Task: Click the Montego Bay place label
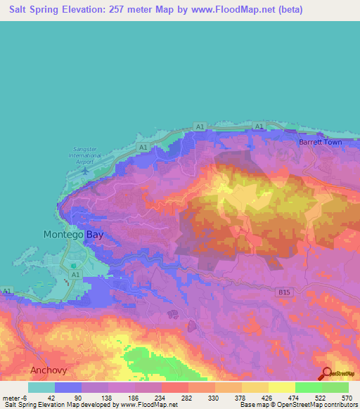(x=73, y=235)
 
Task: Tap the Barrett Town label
(x=320, y=142)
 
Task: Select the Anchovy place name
(x=49, y=370)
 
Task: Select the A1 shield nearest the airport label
(x=143, y=148)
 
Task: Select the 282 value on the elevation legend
(x=188, y=398)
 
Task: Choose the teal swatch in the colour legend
(x=41, y=387)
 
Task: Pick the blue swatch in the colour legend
(x=68, y=387)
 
